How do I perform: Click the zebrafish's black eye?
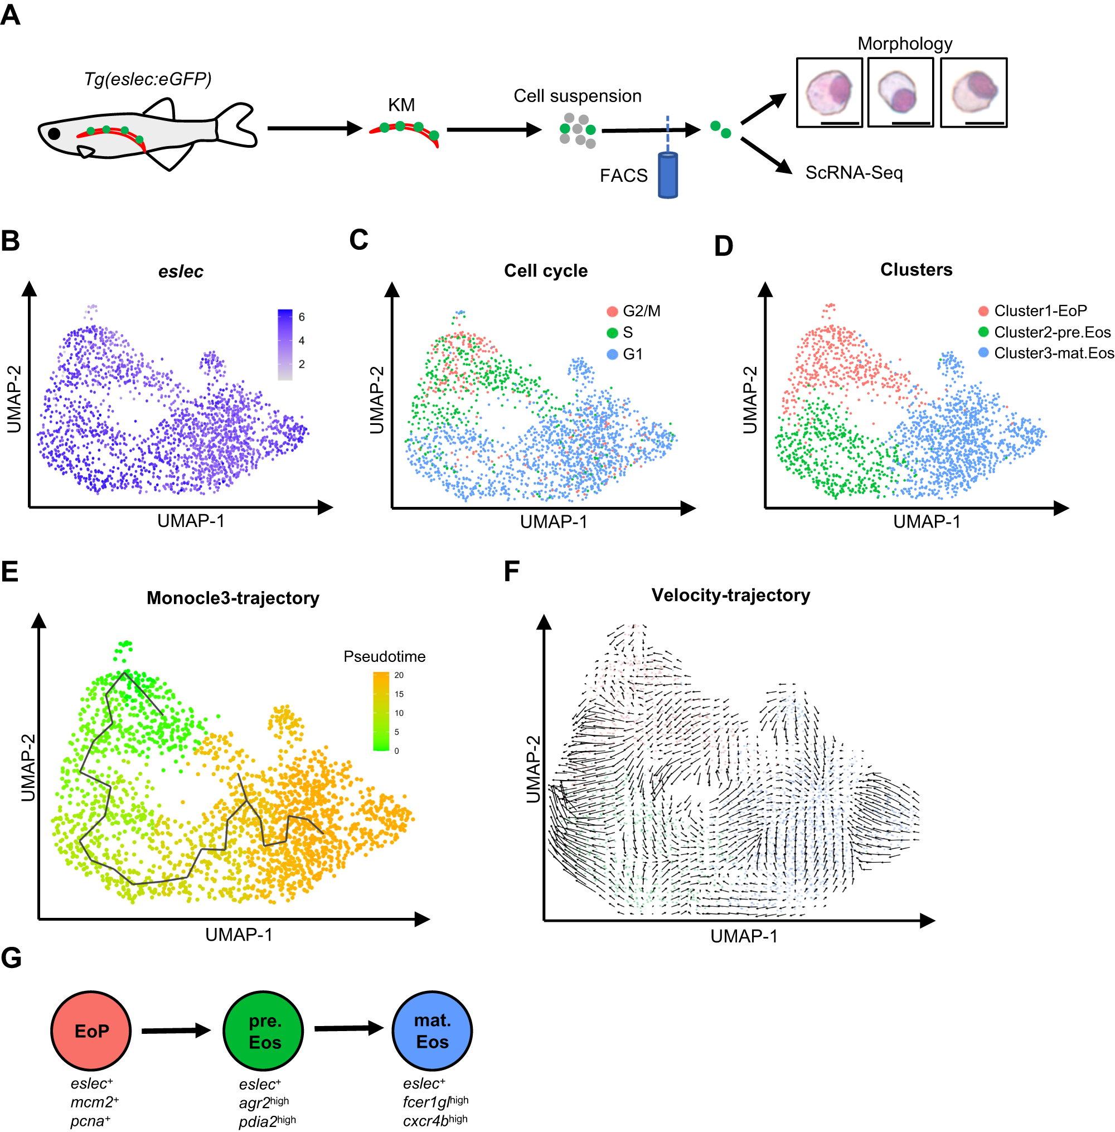[x=54, y=133]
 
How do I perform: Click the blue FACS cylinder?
[x=667, y=176]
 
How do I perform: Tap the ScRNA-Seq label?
[x=854, y=173]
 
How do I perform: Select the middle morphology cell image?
[x=900, y=93]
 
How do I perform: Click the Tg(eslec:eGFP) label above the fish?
[x=148, y=79]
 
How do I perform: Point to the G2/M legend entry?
[x=641, y=311]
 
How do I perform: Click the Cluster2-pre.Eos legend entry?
[x=1051, y=332]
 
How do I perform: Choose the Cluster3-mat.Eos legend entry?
[x=1053, y=353]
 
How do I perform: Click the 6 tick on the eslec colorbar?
[x=302, y=317]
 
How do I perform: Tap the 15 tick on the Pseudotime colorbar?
[x=399, y=694]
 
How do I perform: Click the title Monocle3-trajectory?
[x=232, y=598]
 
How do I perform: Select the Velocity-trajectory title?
[x=730, y=595]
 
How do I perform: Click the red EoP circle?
[x=91, y=1030]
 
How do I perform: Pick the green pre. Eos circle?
[x=263, y=1030]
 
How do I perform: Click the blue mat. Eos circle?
[x=432, y=1030]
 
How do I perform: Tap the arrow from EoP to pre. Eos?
[x=176, y=1030]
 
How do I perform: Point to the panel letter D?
[x=723, y=246]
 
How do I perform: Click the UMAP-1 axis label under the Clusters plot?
[x=927, y=521]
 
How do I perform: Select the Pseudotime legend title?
[x=384, y=656]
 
